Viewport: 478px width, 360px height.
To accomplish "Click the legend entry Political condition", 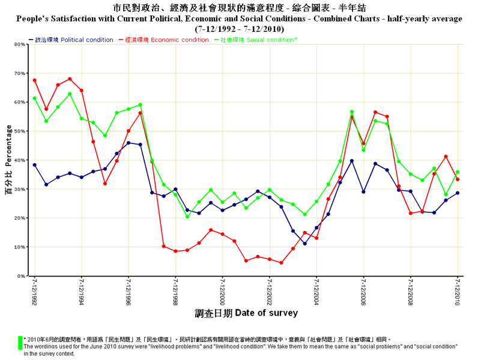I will pyautogui.click(x=71, y=40).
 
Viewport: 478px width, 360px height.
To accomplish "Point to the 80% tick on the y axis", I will pyautogui.click(x=19, y=44).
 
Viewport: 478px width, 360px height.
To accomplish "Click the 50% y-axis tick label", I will pyautogui.click(x=19, y=131).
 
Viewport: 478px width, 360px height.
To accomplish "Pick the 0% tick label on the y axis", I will pyautogui.click(x=20, y=276).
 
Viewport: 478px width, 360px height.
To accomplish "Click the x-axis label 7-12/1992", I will pyautogui.click(x=34, y=291).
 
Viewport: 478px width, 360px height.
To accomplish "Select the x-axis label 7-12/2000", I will pyautogui.click(x=222, y=291).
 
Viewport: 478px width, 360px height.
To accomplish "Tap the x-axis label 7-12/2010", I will pyautogui.click(x=458, y=291).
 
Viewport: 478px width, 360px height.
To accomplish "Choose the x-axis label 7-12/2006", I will pyautogui.click(x=363, y=291).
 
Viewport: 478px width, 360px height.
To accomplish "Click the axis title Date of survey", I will pyautogui.click(x=246, y=313).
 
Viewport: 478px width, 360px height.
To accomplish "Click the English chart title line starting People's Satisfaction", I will pyautogui.click(x=239, y=19).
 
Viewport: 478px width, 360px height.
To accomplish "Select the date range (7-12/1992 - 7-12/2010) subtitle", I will pyautogui.click(x=239, y=28).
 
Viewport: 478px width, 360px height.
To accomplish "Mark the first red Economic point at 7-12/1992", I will pyautogui.click(x=35, y=80).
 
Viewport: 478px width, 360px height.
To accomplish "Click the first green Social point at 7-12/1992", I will pyautogui.click(x=35, y=98).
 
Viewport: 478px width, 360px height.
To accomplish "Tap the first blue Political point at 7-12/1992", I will pyautogui.click(x=35, y=164).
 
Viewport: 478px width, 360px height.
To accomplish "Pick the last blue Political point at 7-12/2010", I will pyautogui.click(x=458, y=193).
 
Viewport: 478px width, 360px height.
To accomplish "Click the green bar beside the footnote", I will pyautogui.click(x=20, y=343).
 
